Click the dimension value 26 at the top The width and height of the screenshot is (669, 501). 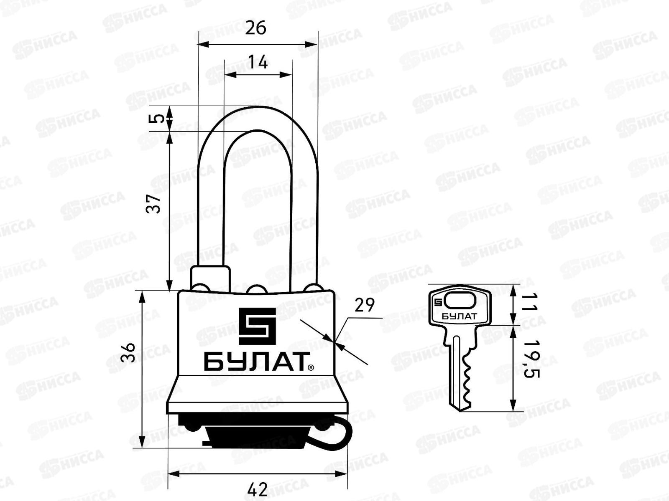256,28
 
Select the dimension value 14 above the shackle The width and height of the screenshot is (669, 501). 258,62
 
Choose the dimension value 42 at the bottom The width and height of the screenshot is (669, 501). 257,489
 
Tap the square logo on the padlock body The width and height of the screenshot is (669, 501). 257,326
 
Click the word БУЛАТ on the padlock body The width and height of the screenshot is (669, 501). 255,362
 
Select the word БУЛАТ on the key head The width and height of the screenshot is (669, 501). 459,316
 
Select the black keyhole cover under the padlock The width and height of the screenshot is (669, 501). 257,434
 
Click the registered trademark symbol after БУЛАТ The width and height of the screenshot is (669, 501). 310,367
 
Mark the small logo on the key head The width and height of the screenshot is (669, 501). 438,302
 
